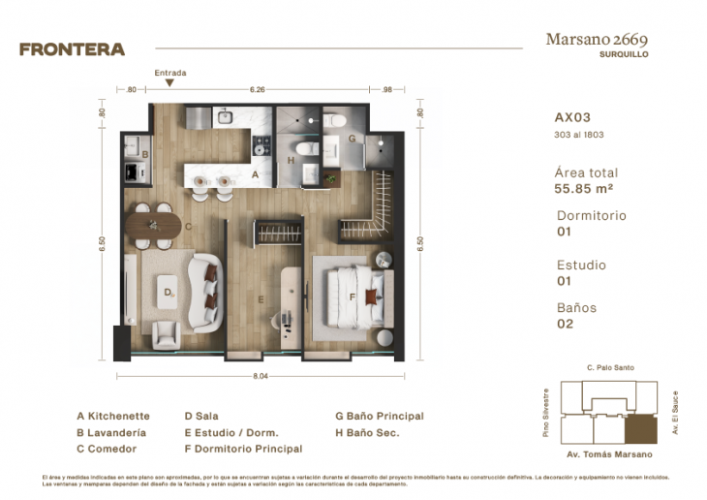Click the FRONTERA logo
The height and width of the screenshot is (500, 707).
[72, 48]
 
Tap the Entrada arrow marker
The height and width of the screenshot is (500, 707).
[169, 83]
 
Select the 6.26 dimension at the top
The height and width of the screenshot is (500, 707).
[258, 89]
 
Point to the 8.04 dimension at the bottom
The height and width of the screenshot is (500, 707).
[260, 374]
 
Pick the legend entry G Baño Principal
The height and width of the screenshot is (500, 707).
[380, 416]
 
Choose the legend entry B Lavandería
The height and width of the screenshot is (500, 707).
[111, 432]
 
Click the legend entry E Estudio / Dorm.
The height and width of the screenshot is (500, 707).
[231, 432]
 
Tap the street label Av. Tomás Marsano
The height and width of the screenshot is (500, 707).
[609, 454]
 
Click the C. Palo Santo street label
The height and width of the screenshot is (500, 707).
[610, 368]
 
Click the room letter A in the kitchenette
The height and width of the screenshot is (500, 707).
[255, 175]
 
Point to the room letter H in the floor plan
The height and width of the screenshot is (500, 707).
[292, 160]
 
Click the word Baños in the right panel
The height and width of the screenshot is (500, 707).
[576, 308]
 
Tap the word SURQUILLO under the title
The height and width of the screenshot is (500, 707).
[624, 55]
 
